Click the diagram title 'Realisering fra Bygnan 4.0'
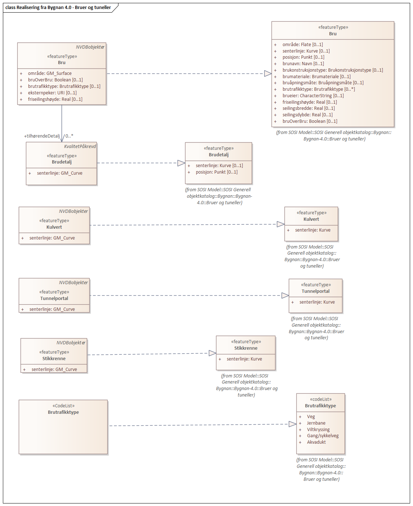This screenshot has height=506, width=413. click(58, 8)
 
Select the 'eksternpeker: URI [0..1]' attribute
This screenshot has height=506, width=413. click(52, 93)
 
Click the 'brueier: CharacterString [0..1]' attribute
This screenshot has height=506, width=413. click(313, 96)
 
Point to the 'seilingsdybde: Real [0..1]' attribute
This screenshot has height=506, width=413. click(307, 115)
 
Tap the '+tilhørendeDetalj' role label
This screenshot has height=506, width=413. click(42, 136)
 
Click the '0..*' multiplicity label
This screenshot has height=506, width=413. click(69, 136)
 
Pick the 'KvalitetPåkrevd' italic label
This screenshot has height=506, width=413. click(80, 147)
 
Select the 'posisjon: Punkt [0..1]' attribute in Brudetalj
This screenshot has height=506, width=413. click(216, 172)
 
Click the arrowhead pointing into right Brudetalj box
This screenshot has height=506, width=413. click(181, 163)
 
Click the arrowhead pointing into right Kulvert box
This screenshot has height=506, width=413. click(281, 224)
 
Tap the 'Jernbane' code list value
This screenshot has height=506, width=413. click(316, 423)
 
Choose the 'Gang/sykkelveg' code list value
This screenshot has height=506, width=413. click(323, 436)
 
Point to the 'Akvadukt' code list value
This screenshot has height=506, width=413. click(316, 442)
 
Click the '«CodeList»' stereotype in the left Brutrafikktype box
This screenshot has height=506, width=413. click(63, 406)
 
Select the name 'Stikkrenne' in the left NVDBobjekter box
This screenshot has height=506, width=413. click(54, 359)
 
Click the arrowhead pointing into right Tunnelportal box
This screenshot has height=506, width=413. click(285, 296)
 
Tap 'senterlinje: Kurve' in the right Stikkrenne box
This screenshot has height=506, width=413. click(244, 359)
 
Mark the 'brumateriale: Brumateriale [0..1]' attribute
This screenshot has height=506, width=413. click(316, 77)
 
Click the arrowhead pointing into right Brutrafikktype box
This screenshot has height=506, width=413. click(293, 424)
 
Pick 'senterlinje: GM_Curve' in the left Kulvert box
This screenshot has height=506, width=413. click(52, 238)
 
